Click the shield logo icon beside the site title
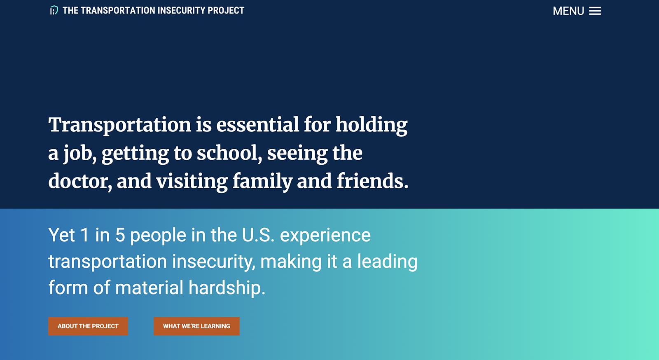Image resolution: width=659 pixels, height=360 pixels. pyautogui.click(x=54, y=10)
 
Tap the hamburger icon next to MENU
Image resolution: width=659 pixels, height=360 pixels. pyautogui.click(x=595, y=11)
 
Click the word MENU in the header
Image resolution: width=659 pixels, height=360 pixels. pyautogui.click(x=568, y=11)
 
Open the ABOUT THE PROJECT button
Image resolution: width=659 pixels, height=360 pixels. pyautogui.click(x=88, y=326)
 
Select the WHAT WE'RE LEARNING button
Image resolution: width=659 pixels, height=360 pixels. pyautogui.click(x=196, y=326)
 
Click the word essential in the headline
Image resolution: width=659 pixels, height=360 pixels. pyautogui.click(x=257, y=125)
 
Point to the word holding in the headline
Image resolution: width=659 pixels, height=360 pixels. pyautogui.click(x=372, y=125)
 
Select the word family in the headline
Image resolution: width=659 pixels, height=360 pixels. pyautogui.click(x=262, y=181)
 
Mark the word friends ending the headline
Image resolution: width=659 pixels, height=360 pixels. pyautogui.click(x=372, y=181)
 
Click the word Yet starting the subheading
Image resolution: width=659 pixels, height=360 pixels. pyautogui.click(x=62, y=235)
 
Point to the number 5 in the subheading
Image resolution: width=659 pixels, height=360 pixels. pyautogui.click(x=120, y=235)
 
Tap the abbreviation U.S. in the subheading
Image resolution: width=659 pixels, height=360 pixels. pyautogui.click(x=258, y=235)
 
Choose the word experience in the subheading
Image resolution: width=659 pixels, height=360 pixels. pyautogui.click(x=325, y=235)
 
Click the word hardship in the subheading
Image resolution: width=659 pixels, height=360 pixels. pyautogui.click(x=227, y=288)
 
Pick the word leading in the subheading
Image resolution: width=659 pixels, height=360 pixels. pyautogui.click(x=387, y=262)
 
